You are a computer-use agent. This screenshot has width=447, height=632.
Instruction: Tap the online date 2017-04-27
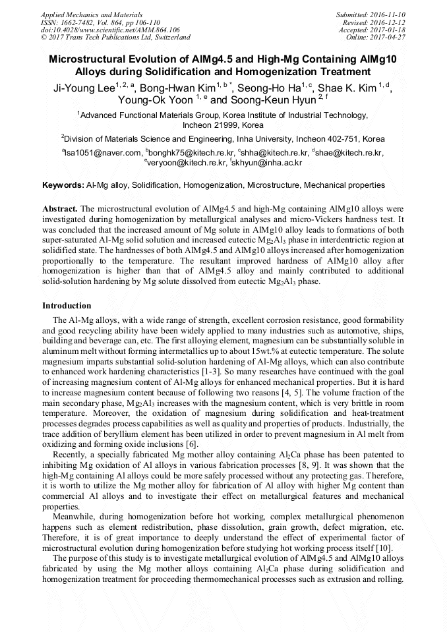[388, 38]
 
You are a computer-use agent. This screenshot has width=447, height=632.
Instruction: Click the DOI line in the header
[110, 30]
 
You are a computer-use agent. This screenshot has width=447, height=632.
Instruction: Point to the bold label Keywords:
[63, 186]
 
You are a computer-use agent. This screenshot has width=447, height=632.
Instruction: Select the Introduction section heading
[67, 306]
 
